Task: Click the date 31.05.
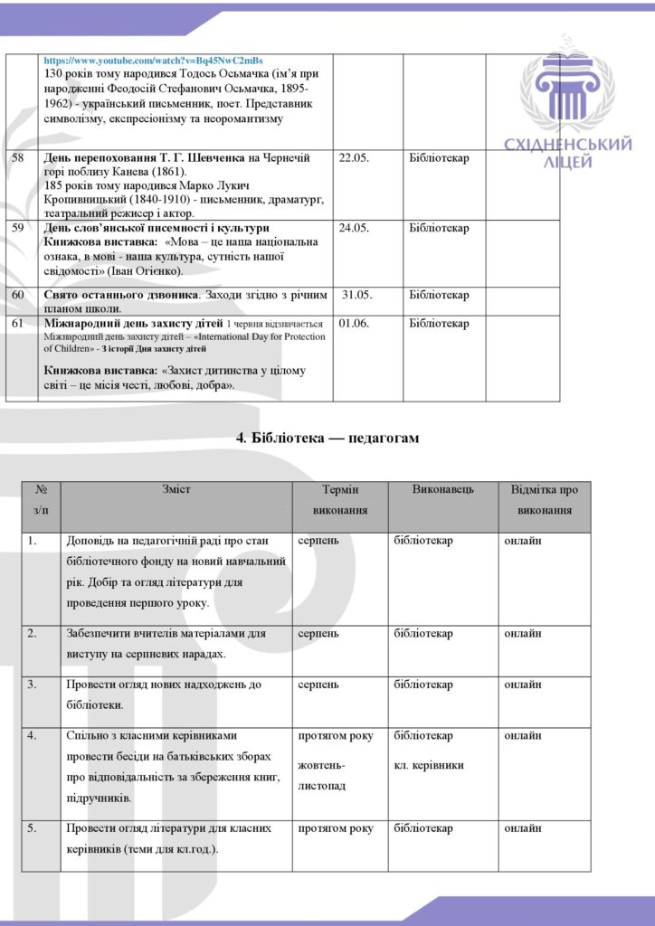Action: (356, 295)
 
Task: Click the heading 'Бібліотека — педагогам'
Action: (327, 438)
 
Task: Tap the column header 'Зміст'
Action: (176, 490)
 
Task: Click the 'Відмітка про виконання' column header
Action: (545, 500)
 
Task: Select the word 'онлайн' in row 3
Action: (523, 685)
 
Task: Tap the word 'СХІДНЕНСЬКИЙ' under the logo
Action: (568, 146)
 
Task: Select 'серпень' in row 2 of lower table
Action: (318, 634)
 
